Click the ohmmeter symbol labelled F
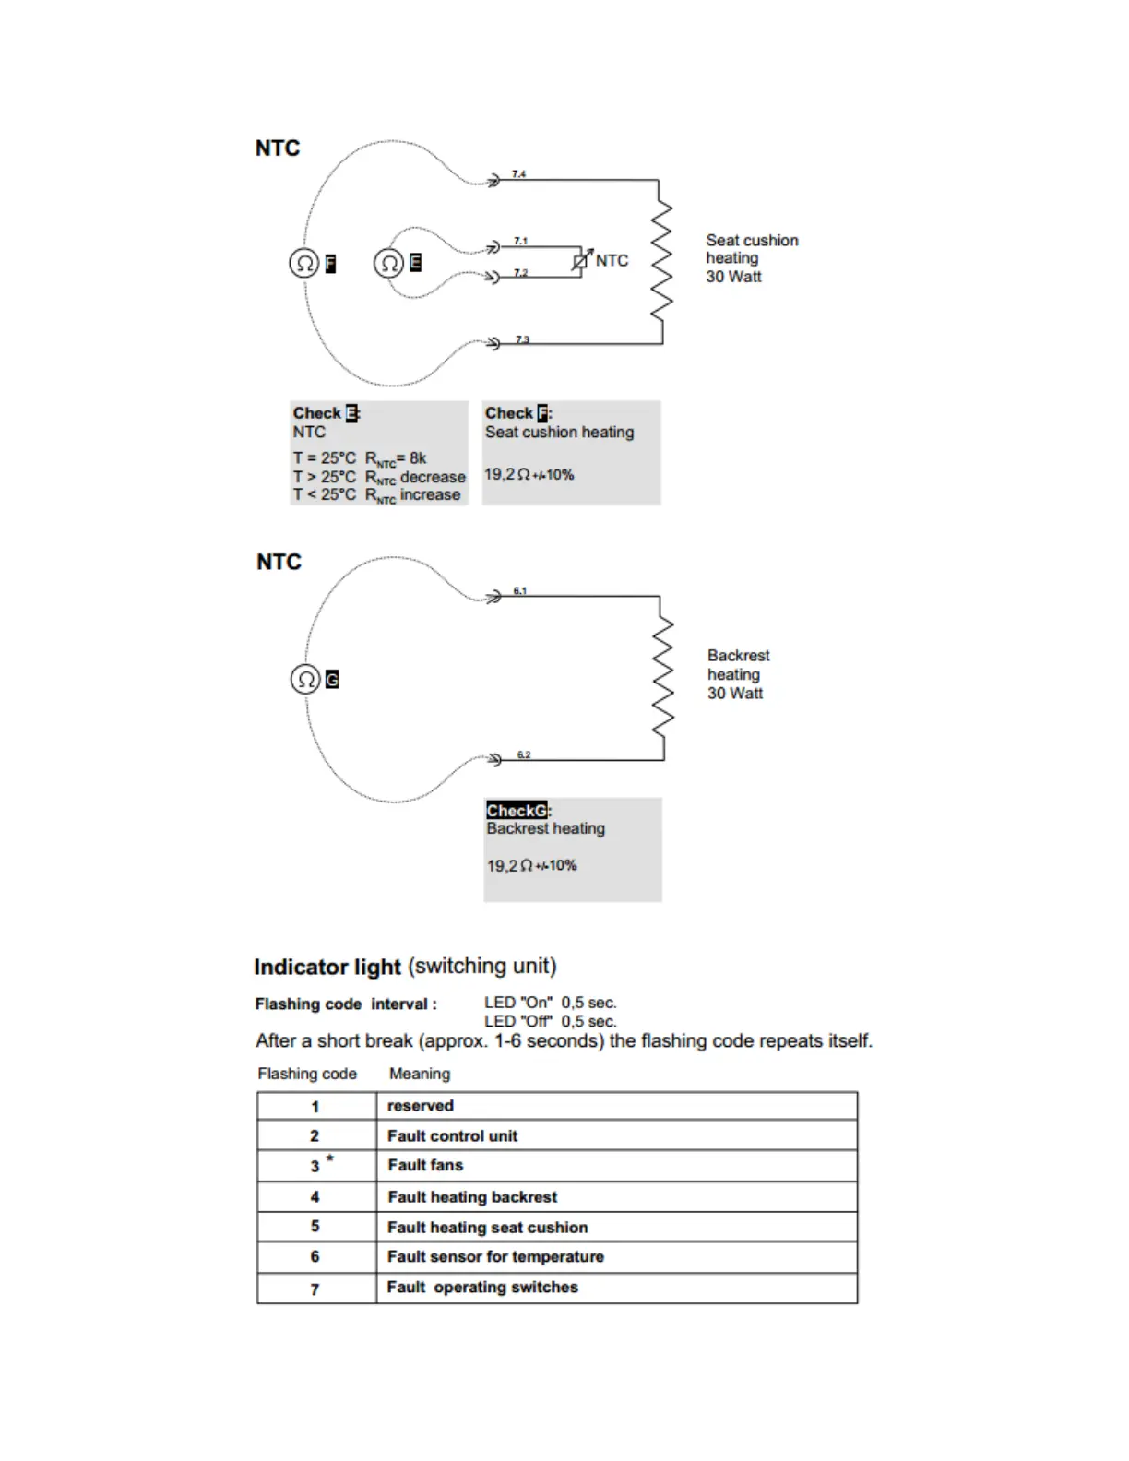[x=303, y=264]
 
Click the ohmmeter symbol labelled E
[x=388, y=264]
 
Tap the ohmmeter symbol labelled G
[x=305, y=680]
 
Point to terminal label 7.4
[x=519, y=173]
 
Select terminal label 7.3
[x=522, y=339]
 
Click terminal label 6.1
[x=520, y=590]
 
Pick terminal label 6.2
[x=523, y=754]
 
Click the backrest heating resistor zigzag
[x=662, y=678]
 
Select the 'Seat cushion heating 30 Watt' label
[x=751, y=258]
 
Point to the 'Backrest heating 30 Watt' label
[x=738, y=674]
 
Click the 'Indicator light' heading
[x=327, y=967]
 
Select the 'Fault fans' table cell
[x=425, y=1166]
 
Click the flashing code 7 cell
[x=315, y=1289]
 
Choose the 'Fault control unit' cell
[x=452, y=1136]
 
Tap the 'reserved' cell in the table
[x=421, y=1106]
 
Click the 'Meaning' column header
[x=420, y=1074]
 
